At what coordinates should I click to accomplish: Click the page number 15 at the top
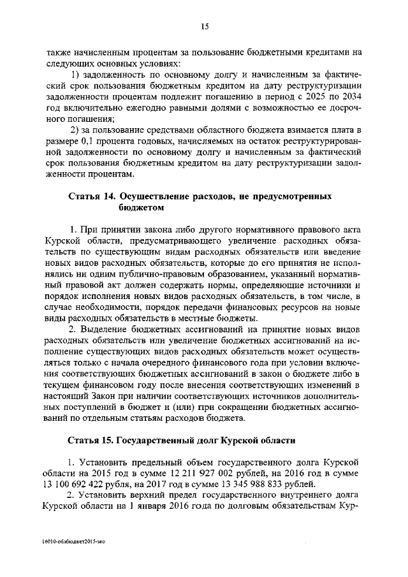point(204,26)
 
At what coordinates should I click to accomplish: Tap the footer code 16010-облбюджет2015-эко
point(72,541)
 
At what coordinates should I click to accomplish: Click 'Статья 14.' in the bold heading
point(91,196)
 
